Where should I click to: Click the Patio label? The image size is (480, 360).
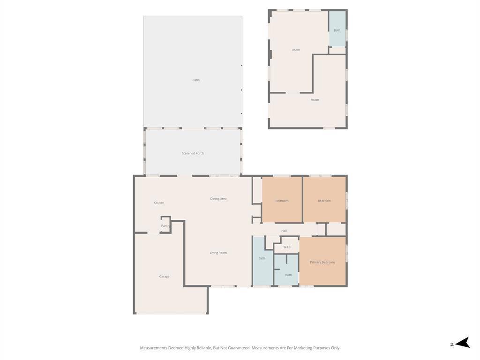(196, 80)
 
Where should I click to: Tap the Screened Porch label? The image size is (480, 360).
(193, 153)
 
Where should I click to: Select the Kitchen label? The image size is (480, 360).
(159, 202)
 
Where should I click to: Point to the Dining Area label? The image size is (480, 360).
(218, 199)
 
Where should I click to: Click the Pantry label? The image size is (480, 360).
(165, 226)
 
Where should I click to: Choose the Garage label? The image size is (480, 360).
(164, 277)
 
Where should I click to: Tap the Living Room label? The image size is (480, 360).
(218, 253)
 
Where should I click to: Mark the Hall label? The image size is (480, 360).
(284, 231)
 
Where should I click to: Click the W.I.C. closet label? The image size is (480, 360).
(287, 247)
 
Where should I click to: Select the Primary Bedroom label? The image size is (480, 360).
(322, 262)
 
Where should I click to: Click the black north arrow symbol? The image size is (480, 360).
(463, 343)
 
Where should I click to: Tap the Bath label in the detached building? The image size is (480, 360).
(337, 30)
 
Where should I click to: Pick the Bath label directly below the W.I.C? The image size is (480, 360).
(288, 275)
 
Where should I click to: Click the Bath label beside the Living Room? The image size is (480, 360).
(262, 258)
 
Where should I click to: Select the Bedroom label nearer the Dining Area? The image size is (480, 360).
(282, 201)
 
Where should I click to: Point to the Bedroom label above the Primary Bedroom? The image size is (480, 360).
(324, 201)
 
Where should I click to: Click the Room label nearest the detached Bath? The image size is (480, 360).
(296, 50)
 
